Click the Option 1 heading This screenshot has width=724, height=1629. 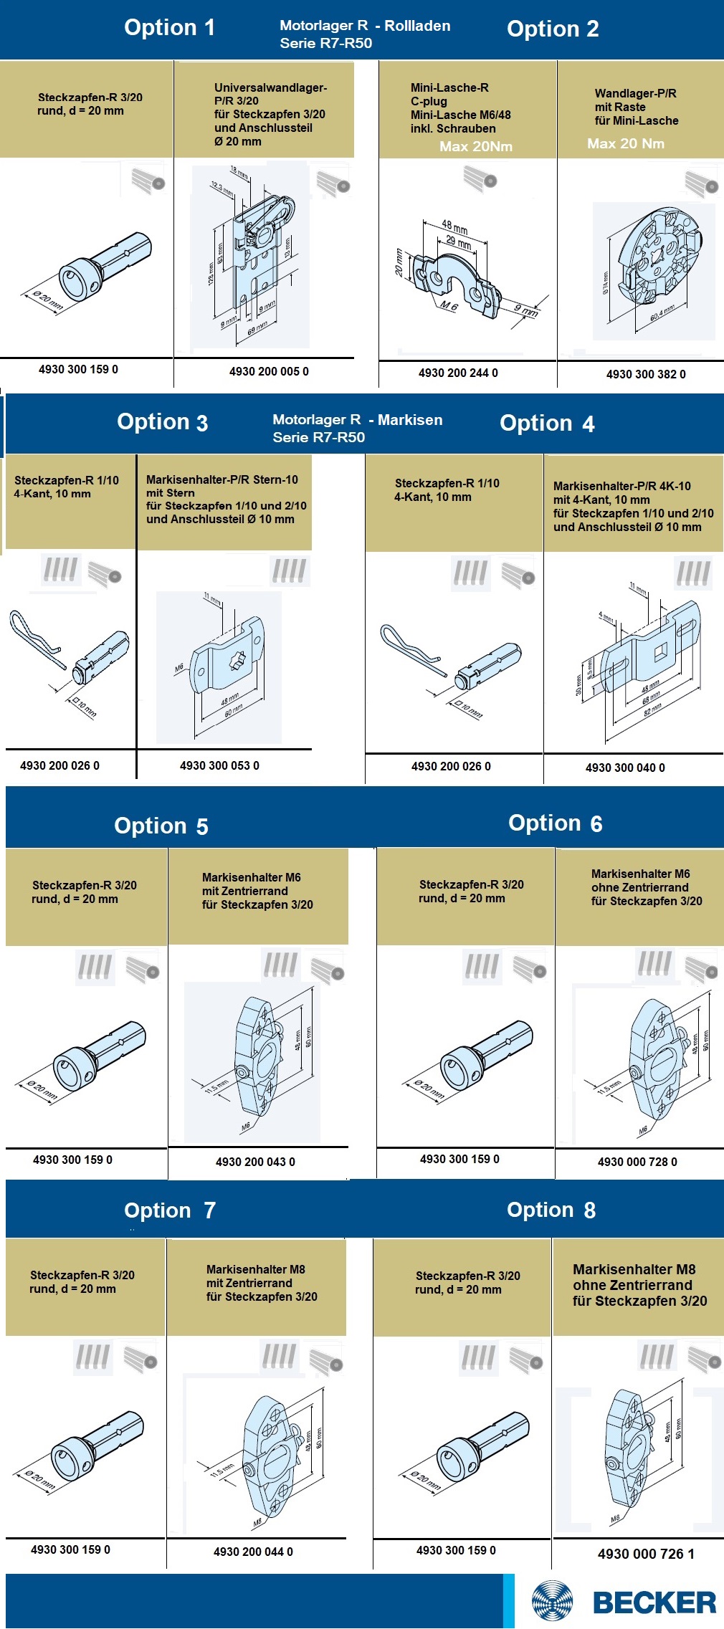click(169, 28)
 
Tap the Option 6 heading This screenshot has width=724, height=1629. click(555, 823)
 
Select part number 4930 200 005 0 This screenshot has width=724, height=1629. click(269, 371)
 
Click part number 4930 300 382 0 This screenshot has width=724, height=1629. click(646, 374)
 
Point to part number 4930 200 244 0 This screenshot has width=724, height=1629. click(458, 373)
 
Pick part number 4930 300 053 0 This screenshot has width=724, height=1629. click(219, 765)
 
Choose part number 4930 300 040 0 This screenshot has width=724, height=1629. click(625, 768)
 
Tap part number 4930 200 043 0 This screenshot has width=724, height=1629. click(255, 1162)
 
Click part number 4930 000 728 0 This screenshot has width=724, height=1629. click(637, 1162)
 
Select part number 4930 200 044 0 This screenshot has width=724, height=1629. click(253, 1552)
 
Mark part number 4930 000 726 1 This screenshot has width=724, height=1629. click(646, 1554)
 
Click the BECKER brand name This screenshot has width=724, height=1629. click(654, 1602)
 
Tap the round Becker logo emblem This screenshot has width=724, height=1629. click(553, 1600)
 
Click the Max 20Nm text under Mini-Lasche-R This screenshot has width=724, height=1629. click(476, 146)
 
